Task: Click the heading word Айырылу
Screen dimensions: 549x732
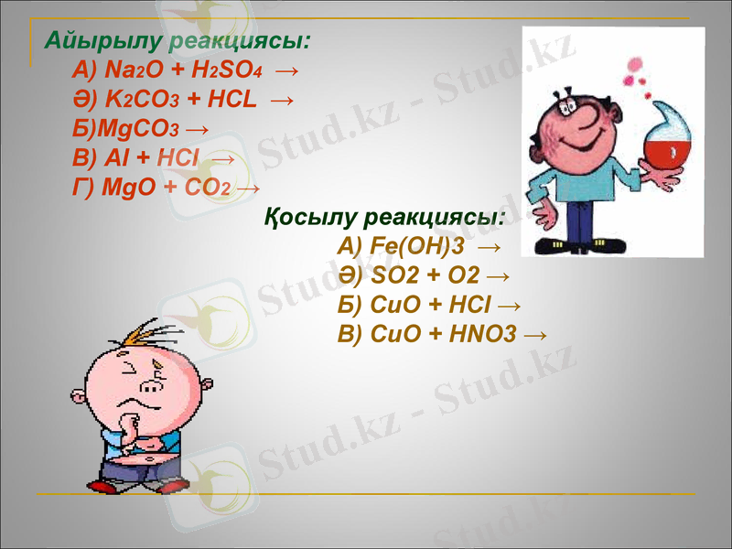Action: click(102, 41)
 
